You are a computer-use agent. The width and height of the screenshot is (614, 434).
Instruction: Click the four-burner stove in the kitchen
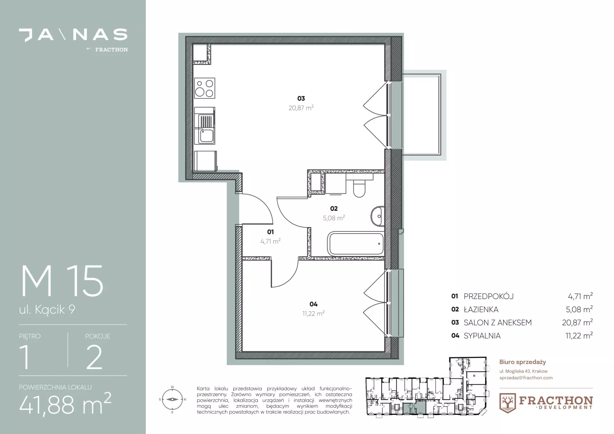[205, 88]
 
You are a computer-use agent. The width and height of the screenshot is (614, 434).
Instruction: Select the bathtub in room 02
[356, 244]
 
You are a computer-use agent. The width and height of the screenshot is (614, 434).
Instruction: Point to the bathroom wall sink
[378, 216]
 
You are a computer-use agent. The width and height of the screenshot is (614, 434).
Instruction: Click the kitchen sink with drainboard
[205, 126]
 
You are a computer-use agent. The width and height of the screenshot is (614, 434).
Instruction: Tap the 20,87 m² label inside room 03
[301, 108]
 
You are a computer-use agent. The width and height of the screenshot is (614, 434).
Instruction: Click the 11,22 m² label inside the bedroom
[313, 313]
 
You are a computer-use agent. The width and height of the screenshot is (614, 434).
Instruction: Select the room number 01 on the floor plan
[270, 232]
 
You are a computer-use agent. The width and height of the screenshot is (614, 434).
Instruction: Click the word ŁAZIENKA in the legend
[481, 310]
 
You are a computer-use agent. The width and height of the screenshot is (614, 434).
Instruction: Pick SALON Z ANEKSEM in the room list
[498, 323]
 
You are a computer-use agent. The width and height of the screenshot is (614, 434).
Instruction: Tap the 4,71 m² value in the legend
[580, 296]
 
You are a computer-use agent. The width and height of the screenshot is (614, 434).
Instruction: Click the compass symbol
[172, 399]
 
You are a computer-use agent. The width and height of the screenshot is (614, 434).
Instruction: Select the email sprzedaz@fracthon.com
[526, 378]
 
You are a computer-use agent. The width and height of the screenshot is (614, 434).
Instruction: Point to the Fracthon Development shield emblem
[508, 403]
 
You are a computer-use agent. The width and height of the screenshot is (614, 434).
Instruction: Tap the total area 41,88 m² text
[65, 404]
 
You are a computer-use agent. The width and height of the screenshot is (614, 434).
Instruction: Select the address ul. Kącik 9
[47, 310]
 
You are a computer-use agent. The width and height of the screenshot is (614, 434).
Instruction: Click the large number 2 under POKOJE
[94, 357]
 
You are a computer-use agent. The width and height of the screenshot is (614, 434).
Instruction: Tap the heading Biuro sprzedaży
[523, 362]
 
